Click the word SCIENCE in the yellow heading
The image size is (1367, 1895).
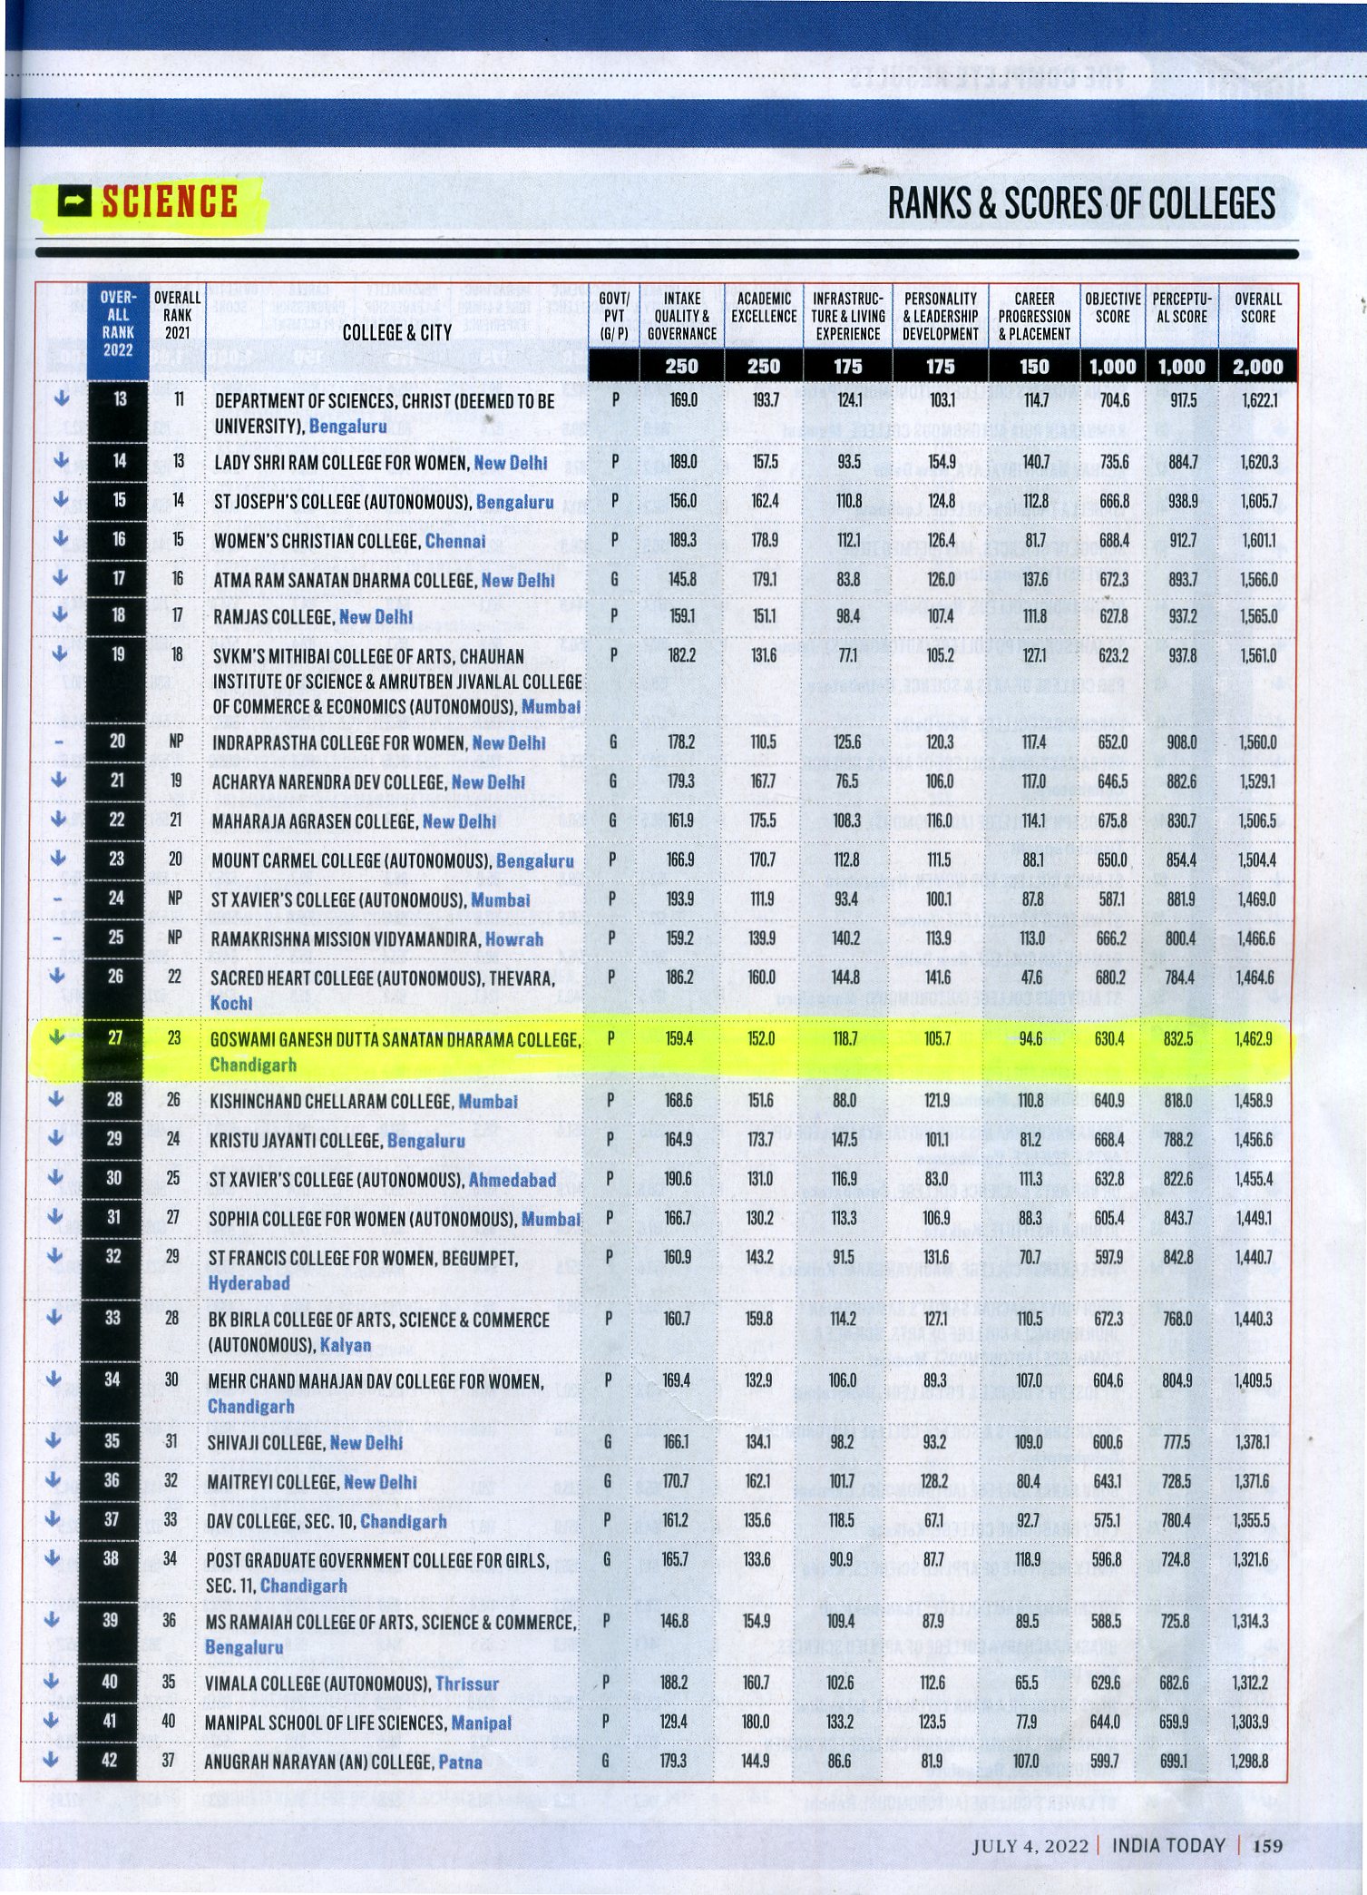pos(170,201)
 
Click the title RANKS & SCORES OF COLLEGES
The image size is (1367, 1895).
pos(1081,203)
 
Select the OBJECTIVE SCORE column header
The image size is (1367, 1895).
pos(1112,308)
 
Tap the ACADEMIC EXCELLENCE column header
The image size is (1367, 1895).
pos(764,308)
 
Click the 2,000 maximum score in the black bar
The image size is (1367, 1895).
pos(1257,367)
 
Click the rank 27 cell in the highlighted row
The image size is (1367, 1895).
pos(115,1037)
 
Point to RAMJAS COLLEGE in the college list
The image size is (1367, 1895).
pos(273,617)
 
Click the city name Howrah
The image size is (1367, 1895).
pos(513,939)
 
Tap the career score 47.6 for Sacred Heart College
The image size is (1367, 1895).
pos(1031,977)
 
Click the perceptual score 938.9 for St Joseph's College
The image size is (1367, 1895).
pos(1183,501)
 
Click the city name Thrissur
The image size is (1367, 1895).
pos(467,1684)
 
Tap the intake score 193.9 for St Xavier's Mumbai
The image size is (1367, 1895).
pos(680,898)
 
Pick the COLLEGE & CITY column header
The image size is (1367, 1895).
pos(397,332)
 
